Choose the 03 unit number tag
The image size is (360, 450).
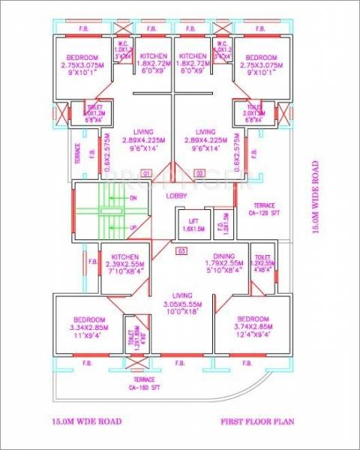coord(181,251)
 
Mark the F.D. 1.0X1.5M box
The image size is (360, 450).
coord(221,224)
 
